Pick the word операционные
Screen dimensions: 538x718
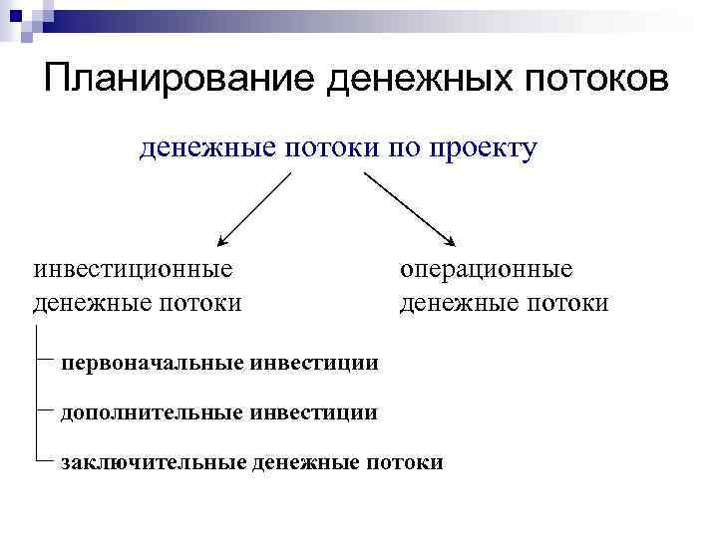(487, 270)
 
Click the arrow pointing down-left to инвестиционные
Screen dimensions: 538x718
(254, 208)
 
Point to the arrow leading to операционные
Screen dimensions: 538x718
(409, 208)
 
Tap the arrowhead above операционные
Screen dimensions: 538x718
(451, 240)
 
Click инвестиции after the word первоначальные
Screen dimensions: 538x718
(314, 363)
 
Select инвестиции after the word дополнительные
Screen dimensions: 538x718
(313, 411)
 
